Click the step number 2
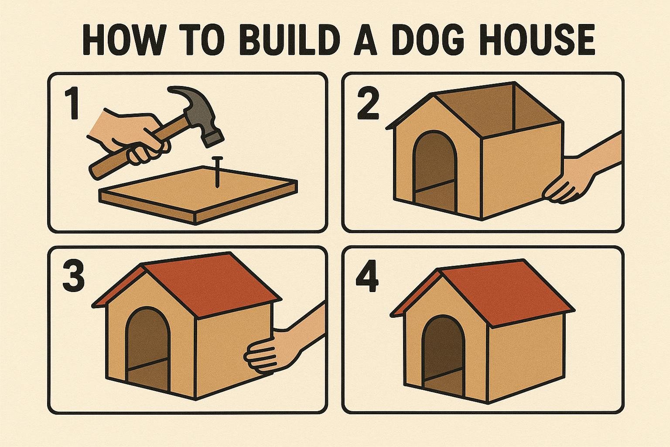coord(369,103)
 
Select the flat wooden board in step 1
coord(198,195)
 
